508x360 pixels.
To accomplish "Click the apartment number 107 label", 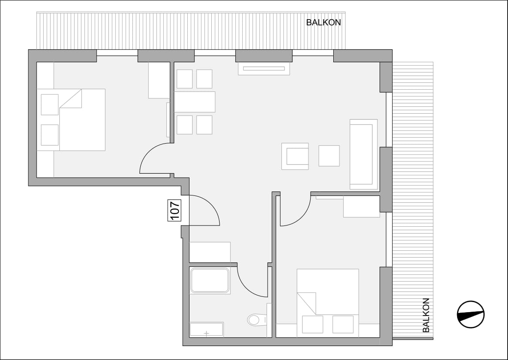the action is pyautogui.click(x=174, y=210).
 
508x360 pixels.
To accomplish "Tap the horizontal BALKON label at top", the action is pyautogui.click(x=323, y=22).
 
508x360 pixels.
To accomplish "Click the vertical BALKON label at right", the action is pyautogui.click(x=426, y=315).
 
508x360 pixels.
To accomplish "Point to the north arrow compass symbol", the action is pyautogui.click(x=471, y=314).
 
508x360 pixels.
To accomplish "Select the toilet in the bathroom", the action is pyautogui.click(x=257, y=320).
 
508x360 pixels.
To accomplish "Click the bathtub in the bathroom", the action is pyautogui.click(x=210, y=280).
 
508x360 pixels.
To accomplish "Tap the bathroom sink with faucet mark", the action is pyautogui.click(x=207, y=330).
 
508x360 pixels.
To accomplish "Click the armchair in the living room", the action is pyautogui.click(x=295, y=156).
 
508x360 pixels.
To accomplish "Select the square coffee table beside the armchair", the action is pyautogui.click(x=329, y=156).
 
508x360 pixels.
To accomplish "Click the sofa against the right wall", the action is pyautogui.click(x=363, y=154).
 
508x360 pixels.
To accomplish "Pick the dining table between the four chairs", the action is pyautogui.click(x=194, y=102).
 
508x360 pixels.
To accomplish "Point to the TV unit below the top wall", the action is pyautogui.click(x=264, y=68).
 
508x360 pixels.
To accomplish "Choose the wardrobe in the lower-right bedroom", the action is pyautogui.click(x=362, y=206).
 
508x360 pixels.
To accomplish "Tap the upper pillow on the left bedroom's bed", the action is pyautogui.click(x=50, y=104).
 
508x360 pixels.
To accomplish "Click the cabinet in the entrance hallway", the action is pyautogui.click(x=210, y=252).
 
